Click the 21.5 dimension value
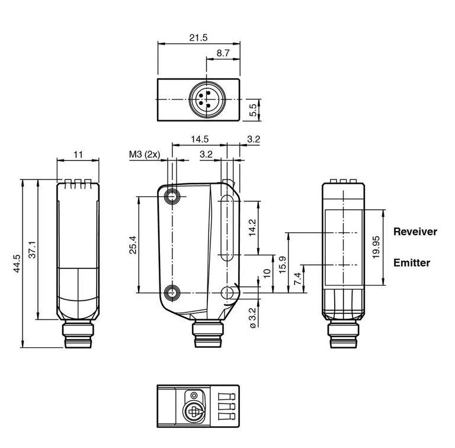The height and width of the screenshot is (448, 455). [x=198, y=38]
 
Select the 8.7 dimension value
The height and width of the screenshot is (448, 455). [x=223, y=53]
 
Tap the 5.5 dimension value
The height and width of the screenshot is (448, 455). [x=254, y=110]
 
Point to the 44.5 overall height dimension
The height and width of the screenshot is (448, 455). [x=17, y=264]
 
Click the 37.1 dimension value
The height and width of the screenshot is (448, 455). [x=32, y=249]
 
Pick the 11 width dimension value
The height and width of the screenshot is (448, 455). [x=78, y=155]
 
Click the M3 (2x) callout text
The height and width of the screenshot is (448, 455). [x=145, y=155]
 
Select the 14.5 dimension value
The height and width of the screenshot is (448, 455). [x=200, y=139]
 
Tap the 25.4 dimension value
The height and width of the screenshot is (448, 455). [x=133, y=245]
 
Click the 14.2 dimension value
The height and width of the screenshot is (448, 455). [x=252, y=228]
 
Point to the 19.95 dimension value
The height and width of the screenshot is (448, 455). [x=376, y=247]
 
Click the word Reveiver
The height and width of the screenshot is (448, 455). [x=415, y=232]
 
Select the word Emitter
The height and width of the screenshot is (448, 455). [x=412, y=263]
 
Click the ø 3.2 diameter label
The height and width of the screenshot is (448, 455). [x=252, y=318]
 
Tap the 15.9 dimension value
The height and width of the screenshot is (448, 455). [x=283, y=264]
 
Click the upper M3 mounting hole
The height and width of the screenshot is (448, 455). [x=172, y=197]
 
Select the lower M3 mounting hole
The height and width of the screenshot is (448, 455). [x=172, y=293]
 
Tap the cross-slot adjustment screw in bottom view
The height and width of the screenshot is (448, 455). [x=193, y=411]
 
